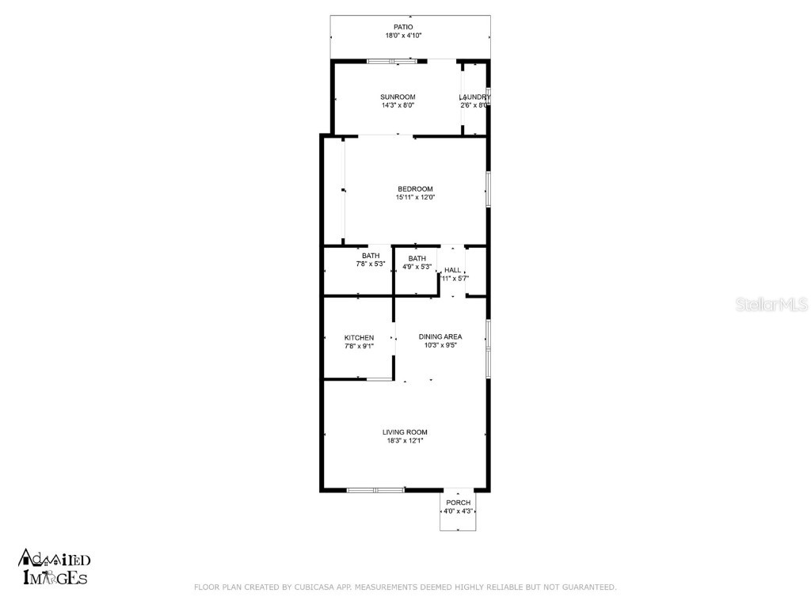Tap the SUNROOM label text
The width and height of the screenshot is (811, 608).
click(398, 97)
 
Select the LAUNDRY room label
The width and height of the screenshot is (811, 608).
click(474, 97)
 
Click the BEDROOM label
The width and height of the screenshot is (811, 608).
click(415, 188)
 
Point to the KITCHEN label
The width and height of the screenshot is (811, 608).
click(359, 337)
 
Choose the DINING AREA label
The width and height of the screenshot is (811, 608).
click(440, 336)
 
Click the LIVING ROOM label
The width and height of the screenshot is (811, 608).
click(405, 432)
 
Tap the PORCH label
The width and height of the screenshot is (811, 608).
click(458, 503)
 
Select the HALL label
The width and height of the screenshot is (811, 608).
click(452, 270)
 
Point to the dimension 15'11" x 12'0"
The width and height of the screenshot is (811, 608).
click(416, 198)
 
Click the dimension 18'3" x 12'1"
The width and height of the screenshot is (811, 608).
click(405, 441)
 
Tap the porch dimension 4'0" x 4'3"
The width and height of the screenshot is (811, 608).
click(457, 511)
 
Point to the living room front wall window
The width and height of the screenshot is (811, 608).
click(375, 490)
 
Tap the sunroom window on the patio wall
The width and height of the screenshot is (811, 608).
click(393, 60)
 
